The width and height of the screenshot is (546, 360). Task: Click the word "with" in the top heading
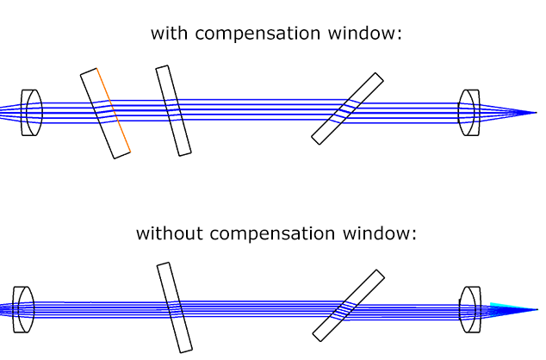169,33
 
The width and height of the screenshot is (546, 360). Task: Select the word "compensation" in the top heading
257,34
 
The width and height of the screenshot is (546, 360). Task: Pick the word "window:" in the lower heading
380,233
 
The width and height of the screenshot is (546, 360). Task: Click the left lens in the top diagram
32,113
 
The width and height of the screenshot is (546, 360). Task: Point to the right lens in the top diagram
468,113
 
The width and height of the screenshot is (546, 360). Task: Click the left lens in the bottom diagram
23,309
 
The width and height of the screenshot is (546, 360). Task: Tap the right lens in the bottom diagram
470,309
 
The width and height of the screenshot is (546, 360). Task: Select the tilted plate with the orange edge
106,114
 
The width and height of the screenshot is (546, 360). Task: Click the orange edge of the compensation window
114,110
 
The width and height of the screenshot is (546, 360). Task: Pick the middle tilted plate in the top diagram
173,111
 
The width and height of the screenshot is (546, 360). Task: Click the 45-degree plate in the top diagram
348,109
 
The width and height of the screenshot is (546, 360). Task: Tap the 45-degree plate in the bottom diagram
349,306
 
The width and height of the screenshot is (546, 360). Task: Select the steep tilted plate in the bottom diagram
175,307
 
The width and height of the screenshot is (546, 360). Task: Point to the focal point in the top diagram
537,113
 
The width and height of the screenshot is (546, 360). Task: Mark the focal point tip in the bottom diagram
537,309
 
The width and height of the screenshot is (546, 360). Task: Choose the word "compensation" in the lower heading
272,234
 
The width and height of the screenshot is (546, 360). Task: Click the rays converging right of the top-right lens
508,113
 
